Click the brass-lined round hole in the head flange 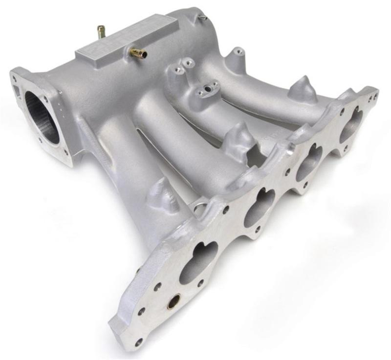(173, 303)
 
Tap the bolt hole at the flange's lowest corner (139, 341)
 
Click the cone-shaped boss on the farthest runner (302, 88)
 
